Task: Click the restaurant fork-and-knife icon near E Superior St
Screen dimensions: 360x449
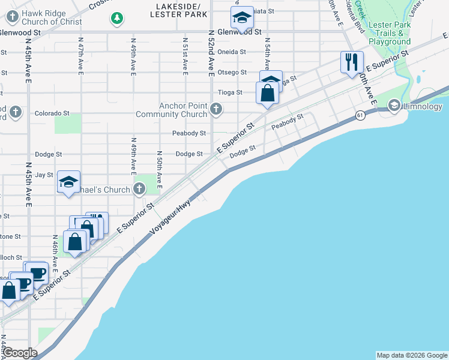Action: (352, 62)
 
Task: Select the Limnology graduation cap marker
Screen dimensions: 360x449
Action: (394, 106)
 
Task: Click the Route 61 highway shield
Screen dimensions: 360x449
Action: (360, 115)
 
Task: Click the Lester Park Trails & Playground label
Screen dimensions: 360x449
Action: (390, 33)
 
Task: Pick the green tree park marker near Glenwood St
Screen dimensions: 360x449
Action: (116, 19)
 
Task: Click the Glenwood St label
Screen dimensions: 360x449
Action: (240, 31)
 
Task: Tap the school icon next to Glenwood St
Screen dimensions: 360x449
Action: (242, 18)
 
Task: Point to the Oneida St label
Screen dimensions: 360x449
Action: (232, 52)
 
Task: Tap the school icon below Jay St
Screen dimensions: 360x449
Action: (68, 182)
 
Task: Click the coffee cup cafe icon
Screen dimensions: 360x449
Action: (38, 273)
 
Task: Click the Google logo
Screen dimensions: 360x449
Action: (20, 353)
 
